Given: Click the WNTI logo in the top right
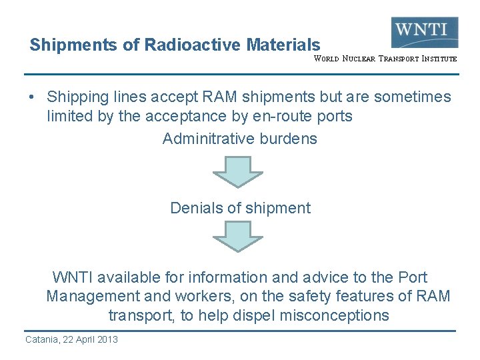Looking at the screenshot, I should [x=424, y=32].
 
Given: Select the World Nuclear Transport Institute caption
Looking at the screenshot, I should [x=385, y=59].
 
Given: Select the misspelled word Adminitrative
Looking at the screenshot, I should [x=206, y=139].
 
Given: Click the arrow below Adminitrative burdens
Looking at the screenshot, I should [x=237, y=172].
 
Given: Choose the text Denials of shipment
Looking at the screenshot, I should [x=240, y=208].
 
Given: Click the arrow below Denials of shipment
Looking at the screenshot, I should [x=237, y=237].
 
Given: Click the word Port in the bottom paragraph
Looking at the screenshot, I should [x=412, y=277].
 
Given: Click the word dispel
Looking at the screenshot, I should [x=252, y=315].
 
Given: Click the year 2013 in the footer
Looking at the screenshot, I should [x=106, y=339].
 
